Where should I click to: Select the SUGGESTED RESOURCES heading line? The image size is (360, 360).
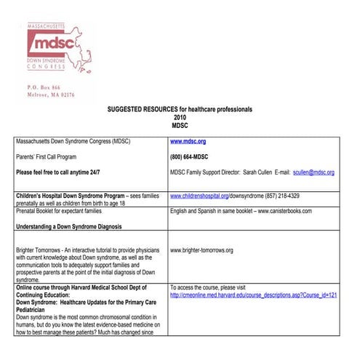[180, 108]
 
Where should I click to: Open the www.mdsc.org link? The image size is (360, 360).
[188, 141]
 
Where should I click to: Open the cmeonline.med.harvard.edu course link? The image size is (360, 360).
[254, 295]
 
